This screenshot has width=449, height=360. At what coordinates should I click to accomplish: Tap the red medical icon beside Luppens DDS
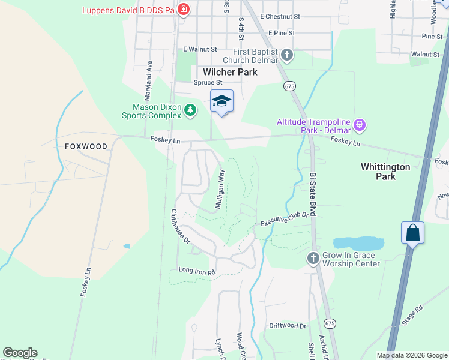pos(184,10)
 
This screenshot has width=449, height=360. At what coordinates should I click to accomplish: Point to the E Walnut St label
pos(199,49)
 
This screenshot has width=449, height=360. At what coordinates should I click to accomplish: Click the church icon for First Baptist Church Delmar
pos(287,56)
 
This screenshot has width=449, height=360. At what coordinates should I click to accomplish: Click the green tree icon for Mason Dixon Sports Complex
pos(190,109)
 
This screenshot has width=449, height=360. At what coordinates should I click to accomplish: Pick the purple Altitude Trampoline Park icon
pos(360,125)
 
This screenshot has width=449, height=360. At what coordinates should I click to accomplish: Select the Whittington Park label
pos(385,172)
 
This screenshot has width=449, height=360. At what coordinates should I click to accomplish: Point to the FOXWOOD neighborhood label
pos(86,146)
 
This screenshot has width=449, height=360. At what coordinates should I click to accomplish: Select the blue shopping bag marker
pos(413,232)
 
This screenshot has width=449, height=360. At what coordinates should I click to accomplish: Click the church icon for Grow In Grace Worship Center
pos(313,258)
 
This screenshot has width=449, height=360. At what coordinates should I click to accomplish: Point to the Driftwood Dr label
pos(288,326)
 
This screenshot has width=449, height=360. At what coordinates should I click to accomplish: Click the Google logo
pos(20,353)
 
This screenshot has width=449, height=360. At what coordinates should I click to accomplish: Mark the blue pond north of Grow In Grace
pos(358,243)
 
